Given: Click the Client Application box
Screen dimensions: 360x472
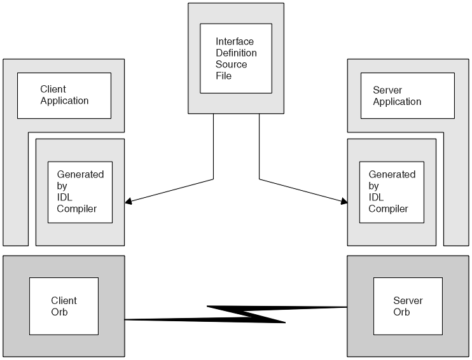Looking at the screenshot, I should click(x=64, y=95).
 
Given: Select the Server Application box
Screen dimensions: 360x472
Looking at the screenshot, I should click(x=407, y=95).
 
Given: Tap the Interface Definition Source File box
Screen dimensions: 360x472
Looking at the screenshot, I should click(x=236, y=59).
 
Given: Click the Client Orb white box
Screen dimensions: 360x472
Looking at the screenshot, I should click(x=64, y=306).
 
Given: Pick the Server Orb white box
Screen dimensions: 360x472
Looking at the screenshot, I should click(x=407, y=306).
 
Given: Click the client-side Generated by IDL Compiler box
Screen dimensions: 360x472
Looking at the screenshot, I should click(x=80, y=191).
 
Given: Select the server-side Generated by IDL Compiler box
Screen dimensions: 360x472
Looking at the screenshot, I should click(x=391, y=191).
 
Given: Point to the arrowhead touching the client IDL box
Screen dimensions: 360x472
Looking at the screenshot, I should click(x=128, y=202).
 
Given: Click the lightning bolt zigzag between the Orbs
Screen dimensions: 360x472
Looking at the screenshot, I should click(x=248, y=314).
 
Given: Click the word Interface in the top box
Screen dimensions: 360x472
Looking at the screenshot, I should click(x=235, y=42).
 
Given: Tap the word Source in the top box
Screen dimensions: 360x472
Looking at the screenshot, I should click(x=231, y=65).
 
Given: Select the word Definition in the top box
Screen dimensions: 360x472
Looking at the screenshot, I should click(x=236, y=53).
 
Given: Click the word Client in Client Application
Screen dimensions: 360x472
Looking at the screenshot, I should click(x=53, y=90).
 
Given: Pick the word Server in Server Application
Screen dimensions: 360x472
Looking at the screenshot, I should click(x=387, y=90).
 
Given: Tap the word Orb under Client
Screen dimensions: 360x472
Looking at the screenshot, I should click(x=59, y=312).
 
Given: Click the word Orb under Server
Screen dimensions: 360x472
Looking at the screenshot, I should click(x=401, y=312).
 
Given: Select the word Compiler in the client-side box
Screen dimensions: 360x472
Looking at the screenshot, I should click(x=76, y=209).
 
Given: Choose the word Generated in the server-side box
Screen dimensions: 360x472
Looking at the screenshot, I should click(x=392, y=174).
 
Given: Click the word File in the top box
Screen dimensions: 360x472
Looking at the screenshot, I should click(x=223, y=76).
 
